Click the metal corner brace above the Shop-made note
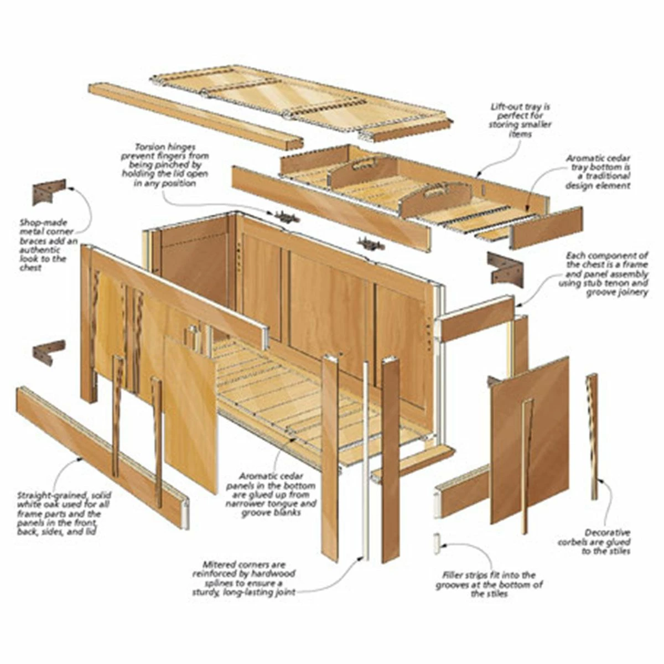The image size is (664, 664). (x=49, y=191)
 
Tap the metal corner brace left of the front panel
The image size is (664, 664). (x=49, y=352)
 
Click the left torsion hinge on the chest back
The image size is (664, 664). (x=286, y=216)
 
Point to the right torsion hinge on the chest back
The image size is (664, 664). (x=371, y=244)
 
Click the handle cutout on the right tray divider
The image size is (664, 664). (x=435, y=191)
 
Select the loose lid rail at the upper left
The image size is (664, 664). (x=196, y=116)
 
